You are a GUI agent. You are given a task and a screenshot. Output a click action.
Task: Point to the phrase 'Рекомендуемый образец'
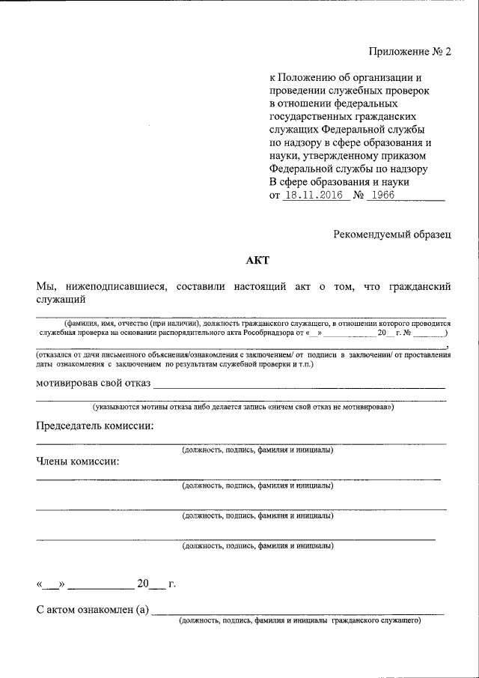tap(392, 234)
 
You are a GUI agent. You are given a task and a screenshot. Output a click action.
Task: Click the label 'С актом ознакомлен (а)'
tap(94, 610)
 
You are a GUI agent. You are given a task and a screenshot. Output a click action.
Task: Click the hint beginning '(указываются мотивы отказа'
tap(242, 408)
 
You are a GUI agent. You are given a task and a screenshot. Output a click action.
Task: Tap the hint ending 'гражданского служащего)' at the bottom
tap(299, 621)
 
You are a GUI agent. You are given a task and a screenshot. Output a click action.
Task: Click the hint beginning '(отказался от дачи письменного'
tap(243, 358)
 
